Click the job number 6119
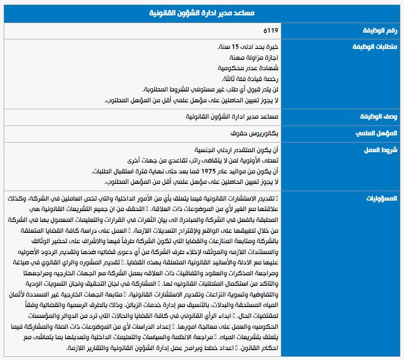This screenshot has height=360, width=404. pos(271,31)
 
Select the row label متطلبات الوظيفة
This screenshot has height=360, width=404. pos(375,47)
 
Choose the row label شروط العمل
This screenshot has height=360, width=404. pos(380,150)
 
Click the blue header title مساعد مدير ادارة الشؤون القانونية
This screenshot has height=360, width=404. pos(202,13)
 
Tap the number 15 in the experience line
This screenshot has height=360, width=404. pos(235,47)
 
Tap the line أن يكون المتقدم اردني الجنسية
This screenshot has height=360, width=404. pos(237,150)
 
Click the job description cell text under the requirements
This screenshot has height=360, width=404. pos(232,117)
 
